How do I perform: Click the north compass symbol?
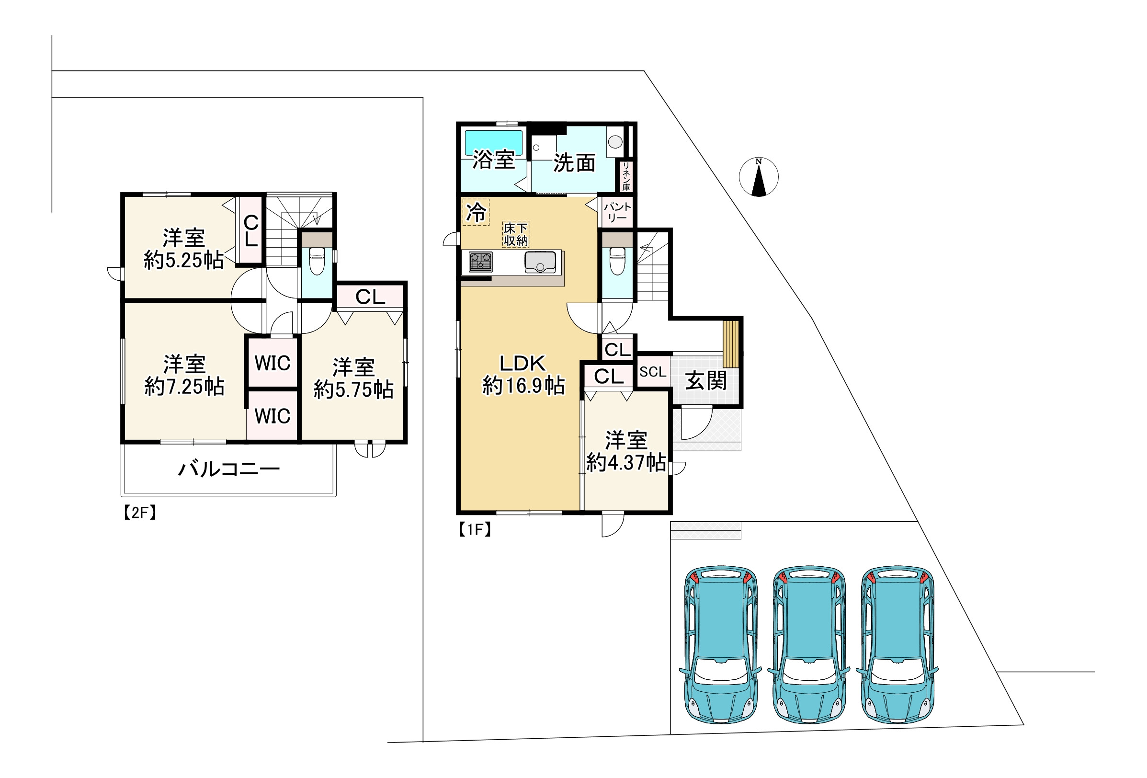(x=759, y=177)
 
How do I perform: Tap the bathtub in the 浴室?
(x=494, y=143)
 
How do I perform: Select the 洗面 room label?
(x=574, y=163)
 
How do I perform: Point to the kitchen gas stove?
(x=481, y=262)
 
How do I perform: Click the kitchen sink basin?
(x=540, y=262)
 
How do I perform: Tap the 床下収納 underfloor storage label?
(x=516, y=234)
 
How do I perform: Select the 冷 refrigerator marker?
(x=476, y=212)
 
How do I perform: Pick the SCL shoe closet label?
(x=653, y=372)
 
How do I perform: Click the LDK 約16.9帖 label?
(x=523, y=375)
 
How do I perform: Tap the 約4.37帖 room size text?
(x=626, y=463)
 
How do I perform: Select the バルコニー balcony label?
(x=228, y=469)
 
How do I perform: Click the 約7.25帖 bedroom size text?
(x=184, y=387)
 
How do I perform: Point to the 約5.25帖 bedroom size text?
(x=183, y=260)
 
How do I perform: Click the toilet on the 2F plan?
(x=317, y=260)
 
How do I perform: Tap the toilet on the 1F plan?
(x=617, y=260)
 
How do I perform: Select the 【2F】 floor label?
(x=140, y=513)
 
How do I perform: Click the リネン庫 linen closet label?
(x=626, y=176)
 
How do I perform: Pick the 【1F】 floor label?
(x=474, y=530)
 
